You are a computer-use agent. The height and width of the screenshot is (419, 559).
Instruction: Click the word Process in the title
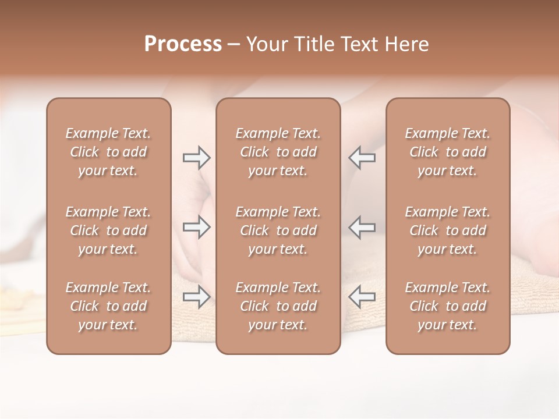click(x=183, y=44)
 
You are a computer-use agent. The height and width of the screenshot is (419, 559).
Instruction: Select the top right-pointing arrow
click(x=196, y=158)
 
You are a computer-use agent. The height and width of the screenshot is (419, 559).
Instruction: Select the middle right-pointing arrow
click(x=196, y=227)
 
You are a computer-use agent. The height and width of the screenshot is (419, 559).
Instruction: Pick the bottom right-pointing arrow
click(x=196, y=297)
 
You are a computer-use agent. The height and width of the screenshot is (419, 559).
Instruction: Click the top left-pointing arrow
click(x=362, y=158)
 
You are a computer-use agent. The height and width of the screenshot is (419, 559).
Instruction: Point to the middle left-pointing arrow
click(x=362, y=227)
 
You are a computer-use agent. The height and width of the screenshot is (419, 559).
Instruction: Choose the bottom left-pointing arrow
click(x=362, y=297)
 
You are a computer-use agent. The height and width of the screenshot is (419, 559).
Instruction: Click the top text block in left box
click(x=108, y=152)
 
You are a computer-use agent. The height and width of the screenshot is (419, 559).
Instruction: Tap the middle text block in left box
click(x=108, y=230)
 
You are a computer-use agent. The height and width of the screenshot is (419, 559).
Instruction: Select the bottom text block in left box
click(x=108, y=306)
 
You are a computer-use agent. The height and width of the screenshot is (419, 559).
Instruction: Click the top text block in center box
click(x=278, y=152)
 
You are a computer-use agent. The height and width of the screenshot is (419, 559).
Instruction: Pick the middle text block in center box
click(x=278, y=230)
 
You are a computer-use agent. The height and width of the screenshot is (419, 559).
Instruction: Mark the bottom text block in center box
click(x=278, y=306)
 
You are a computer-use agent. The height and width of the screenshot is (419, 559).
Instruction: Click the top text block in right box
click(x=448, y=152)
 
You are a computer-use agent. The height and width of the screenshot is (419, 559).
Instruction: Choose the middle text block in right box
click(x=448, y=230)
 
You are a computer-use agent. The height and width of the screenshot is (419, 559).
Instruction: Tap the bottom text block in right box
click(x=448, y=306)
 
